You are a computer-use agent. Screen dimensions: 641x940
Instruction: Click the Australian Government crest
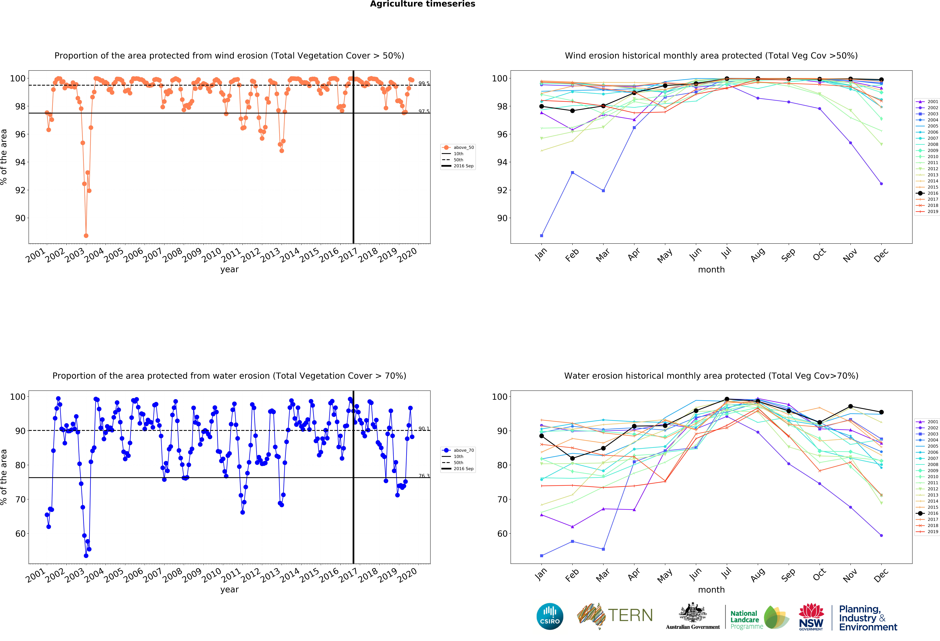693,613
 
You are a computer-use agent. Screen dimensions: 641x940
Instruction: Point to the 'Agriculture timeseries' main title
422,4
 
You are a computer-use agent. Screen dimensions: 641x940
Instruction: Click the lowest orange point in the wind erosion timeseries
86,236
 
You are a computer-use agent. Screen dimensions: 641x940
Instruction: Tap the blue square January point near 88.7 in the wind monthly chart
542,236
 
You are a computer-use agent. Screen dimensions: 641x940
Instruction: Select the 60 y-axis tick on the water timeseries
20,533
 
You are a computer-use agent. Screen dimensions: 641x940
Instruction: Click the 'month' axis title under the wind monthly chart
711,269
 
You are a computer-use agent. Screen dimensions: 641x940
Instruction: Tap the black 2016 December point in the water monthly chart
881,412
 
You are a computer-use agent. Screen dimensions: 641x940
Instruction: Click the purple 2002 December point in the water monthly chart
881,535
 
